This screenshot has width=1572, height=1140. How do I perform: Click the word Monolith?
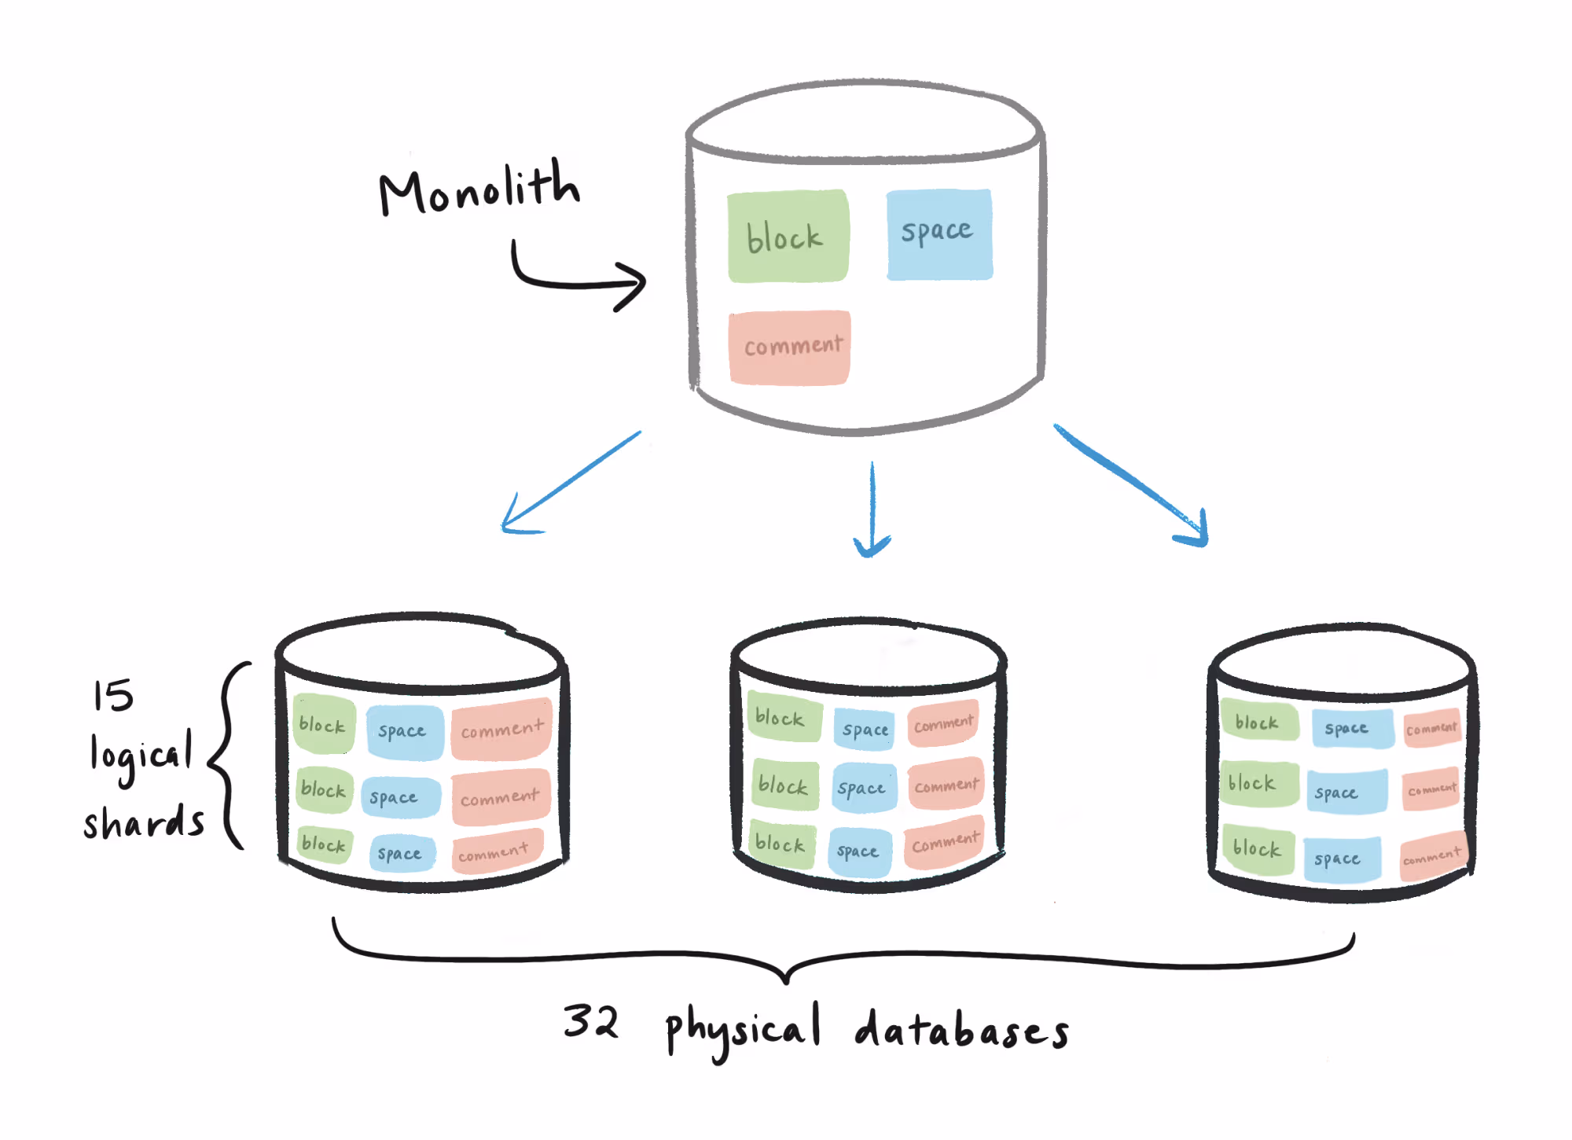479,189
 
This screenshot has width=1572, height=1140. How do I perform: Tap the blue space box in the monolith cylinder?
939,234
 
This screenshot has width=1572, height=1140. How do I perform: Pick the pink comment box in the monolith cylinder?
790,347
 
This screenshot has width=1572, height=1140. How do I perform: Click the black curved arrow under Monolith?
574,280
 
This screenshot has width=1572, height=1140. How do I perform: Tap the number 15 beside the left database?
113,695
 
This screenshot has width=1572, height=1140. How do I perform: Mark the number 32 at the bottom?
591,1022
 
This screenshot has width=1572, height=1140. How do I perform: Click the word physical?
744,1030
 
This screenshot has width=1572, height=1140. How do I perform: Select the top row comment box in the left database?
501,729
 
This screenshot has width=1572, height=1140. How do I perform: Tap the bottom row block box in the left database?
324,844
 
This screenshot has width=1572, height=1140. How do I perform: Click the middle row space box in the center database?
862,787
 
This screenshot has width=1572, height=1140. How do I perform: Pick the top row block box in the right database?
1258,721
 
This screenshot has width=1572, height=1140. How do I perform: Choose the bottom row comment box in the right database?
1433,855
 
